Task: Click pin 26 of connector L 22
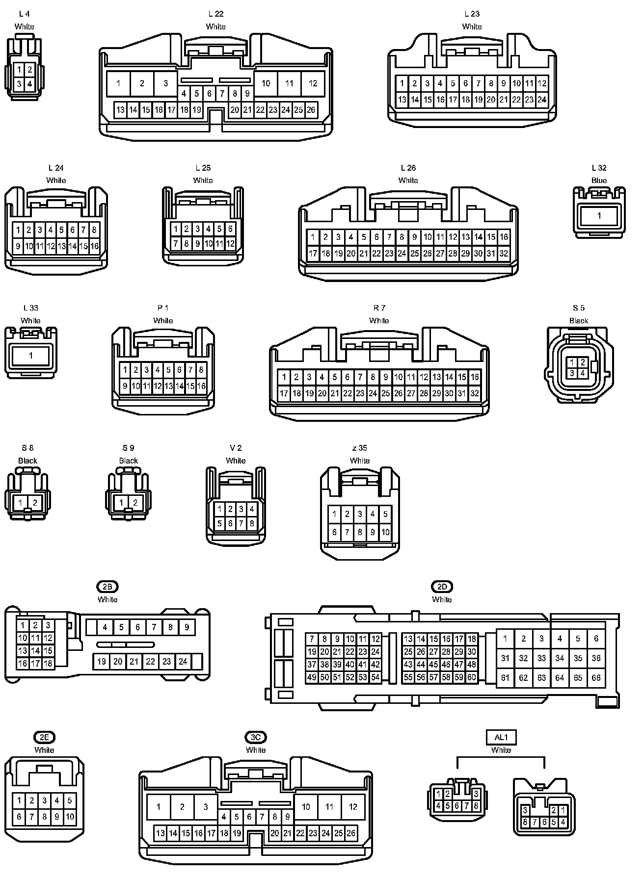coord(311,110)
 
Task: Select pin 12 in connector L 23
coord(542,83)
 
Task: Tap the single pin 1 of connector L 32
coord(599,216)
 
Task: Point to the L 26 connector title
coord(408,168)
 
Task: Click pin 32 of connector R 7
coord(475,393)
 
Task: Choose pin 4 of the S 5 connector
coord(583,373)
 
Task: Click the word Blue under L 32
coord(599,180)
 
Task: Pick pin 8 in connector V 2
coord(252,523)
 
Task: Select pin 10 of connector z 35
coord(385,532)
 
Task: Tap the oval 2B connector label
coord(107,587)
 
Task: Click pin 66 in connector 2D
coord(596,678)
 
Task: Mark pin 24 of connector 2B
coord(183,662)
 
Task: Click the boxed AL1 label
coord(501,737)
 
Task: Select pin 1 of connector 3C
coord(159,807)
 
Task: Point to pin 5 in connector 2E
coord(70,800)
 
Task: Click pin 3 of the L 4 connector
coord(19,84)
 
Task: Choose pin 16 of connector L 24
coord(94,246)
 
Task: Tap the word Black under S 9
coord(128,461)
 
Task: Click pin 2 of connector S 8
coord(35,503)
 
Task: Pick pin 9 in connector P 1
coord(125,386)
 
